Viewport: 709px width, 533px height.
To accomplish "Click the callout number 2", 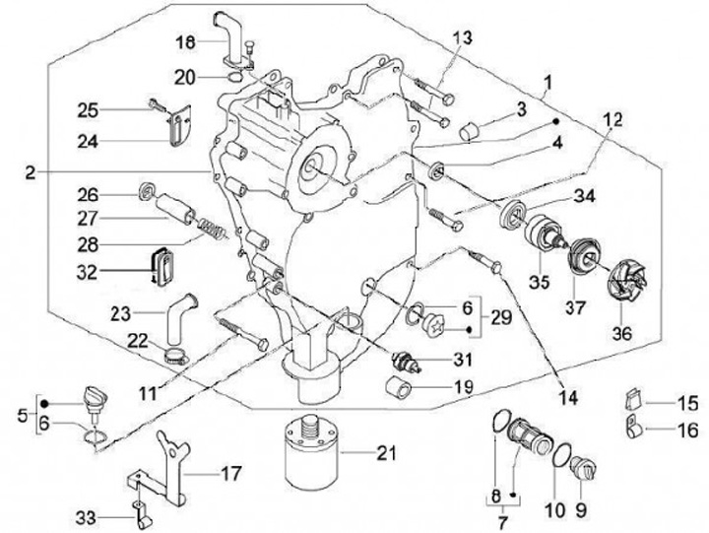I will (31, 172).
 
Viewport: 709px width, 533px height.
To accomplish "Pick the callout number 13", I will (462, 37).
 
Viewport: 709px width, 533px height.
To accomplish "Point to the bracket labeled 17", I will (169, 470).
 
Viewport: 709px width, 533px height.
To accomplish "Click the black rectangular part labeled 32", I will (161, 266).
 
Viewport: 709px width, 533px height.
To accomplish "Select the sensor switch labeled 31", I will (402, 357).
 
